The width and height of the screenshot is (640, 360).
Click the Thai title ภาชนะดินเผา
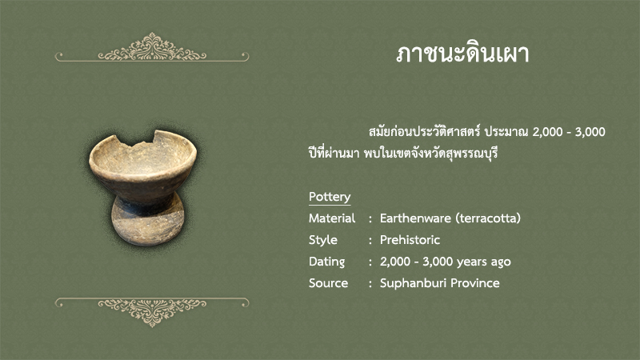click(462, 54)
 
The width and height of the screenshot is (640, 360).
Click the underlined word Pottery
click(330, 197)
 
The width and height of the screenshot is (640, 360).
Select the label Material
click(332, 218)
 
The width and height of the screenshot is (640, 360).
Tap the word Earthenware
click(415, 218)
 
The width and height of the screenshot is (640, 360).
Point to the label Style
click(323, 240)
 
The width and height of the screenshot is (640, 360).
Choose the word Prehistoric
click(410, 240)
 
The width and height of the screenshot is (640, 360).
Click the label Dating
click(326, 262)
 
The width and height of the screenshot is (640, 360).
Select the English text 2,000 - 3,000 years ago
click(446, 262)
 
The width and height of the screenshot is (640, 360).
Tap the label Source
click(328, 283)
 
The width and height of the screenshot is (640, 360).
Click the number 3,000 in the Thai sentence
click(590, 132)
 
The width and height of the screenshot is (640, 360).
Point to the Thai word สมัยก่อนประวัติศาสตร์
click(425, 131)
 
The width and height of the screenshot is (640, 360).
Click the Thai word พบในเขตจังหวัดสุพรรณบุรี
click(430, 154)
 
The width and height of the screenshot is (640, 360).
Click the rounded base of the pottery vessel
click(148, 222)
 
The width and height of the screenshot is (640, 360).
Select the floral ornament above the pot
click(152, 48)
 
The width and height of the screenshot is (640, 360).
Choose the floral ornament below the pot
click(152, 312)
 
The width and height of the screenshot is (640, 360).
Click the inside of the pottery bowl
click(143, 157)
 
